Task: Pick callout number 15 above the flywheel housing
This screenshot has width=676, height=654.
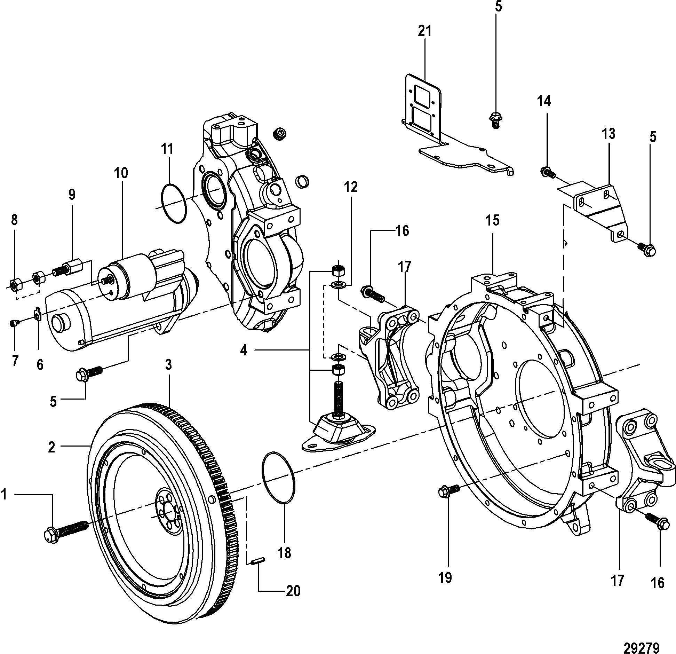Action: point(493,220)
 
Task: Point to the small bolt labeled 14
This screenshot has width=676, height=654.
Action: point(548,171)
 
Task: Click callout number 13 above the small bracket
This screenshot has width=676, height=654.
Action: point(609,134)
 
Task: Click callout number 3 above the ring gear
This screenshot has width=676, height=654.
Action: point(168,364)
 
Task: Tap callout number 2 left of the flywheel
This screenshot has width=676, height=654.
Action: point(51,447)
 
